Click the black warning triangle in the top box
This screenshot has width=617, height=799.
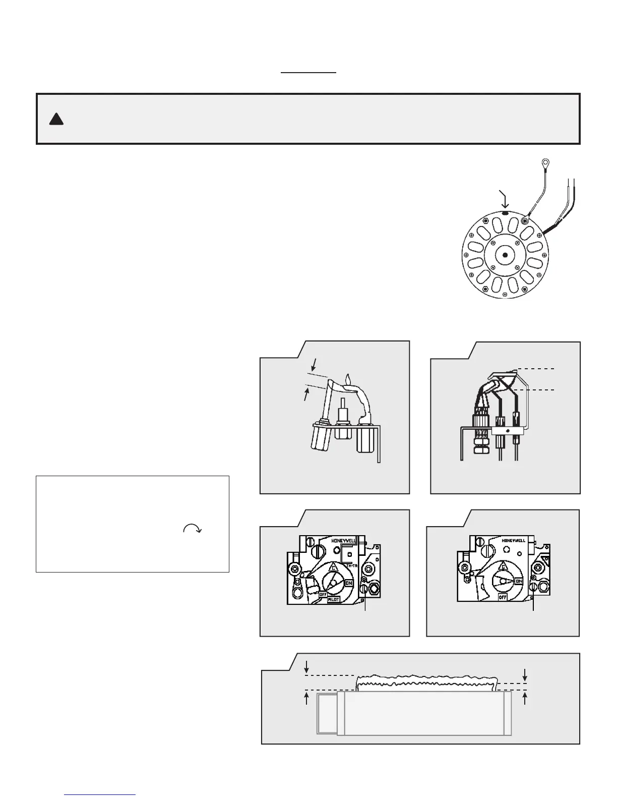pyautogui.click(x=56, y=119)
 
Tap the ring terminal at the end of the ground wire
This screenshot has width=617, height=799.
pyautogui.click(x=545, y=163)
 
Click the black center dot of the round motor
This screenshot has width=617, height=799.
pyautogui.click(x=505, y=255)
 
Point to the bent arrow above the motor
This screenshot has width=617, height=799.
pyautogui.click(x=504, y=198)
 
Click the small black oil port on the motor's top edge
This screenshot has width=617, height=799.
pyautogui.click(x=505, y=213)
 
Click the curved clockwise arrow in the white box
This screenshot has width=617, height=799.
pyautogui.click(x=193, y=528)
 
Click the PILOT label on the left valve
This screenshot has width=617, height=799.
pyautogui.click(x=334, y=599)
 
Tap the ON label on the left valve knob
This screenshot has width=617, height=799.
pyautogui.click(x=349, y=583)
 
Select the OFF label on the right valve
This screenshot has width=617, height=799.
pyautogui.click(x=502, y=597)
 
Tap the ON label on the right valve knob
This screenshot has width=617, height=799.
pyautogui.click(x=519, y=581)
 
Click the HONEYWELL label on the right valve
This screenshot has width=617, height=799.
pyautogui.click(x=514, y=540)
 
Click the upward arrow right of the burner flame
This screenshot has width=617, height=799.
pyautogui.click(x=525, y=699)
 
